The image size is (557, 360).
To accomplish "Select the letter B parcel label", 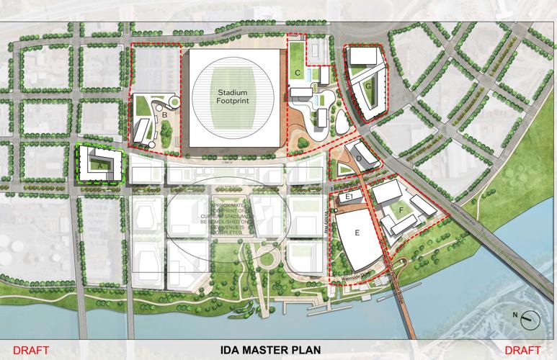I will [165, 114].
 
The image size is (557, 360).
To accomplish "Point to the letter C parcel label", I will [297, 73].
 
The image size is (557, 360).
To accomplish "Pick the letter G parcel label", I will [368, 86].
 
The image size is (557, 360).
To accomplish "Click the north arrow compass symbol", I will [530, 318].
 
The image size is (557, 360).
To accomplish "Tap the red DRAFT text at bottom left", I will [27, 351].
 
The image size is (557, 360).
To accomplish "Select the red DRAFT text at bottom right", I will [530, 351].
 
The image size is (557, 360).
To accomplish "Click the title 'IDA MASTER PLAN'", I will [278, 351].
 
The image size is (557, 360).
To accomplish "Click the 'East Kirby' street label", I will [344, 186].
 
